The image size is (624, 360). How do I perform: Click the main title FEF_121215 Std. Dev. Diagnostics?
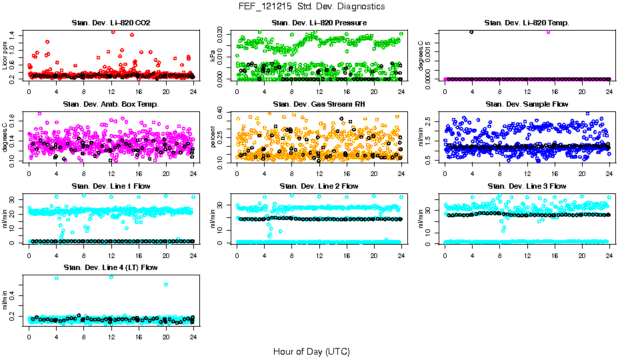pyautogui.click(x=311, y=6)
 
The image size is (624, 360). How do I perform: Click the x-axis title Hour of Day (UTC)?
pyautogui.click(x=311, y=351)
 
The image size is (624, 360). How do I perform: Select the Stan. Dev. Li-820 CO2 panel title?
pyautogui.click(x=111, y=23)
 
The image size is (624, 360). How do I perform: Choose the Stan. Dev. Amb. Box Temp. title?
pyautogui.click(x=111, y=104)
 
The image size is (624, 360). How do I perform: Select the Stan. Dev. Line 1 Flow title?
pyautogui.click(x=111, y=186)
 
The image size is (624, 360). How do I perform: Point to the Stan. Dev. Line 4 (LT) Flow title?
pyautogui.click(x=111, y=267)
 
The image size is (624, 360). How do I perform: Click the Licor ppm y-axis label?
pyautogui.click(x=5, y=56)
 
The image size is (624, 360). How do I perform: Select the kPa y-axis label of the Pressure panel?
pyautogui.click(x=213, y=56)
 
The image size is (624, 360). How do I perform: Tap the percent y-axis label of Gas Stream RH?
pyautogui.click(x=213, y=137)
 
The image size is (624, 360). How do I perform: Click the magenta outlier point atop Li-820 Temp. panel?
pyautogui.click(x=548, y=31)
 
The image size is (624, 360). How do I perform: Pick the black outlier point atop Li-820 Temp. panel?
pyautogui.click(x=471, y=31)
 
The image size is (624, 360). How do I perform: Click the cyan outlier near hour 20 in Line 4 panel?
pyautogui.click(x=166, y=285)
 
